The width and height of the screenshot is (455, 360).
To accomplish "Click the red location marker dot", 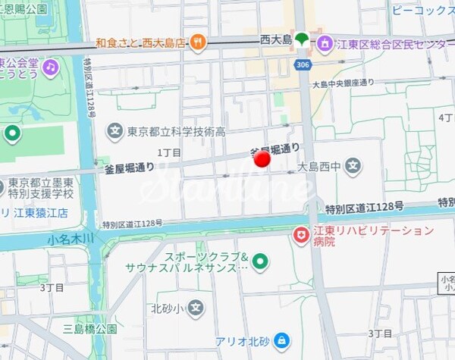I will [x=262, y=158].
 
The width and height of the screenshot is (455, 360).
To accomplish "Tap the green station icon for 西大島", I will [x=302, y=39].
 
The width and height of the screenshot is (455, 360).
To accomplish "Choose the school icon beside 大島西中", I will [x=353, y=164].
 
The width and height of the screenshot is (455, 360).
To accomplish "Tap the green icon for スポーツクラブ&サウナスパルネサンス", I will [x=260, y=262].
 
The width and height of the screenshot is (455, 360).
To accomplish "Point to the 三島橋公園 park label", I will [x=90, y=329].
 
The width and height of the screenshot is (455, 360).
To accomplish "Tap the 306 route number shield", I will [x=303, y=64].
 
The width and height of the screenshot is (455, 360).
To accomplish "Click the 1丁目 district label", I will [x=169, y=152].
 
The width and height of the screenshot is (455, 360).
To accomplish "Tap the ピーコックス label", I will [x=422, y=10].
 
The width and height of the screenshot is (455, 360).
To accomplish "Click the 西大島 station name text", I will [x=275, y=38].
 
